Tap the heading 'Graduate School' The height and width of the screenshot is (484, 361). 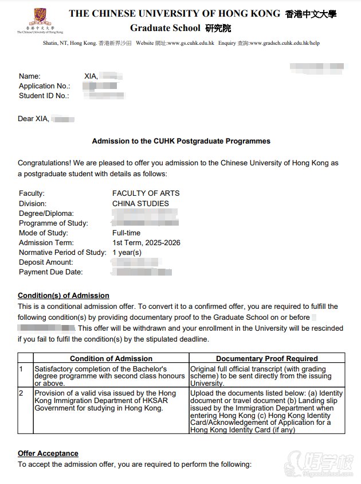(x=165, y=28)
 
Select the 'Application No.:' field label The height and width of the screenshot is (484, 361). (x=45, y=86)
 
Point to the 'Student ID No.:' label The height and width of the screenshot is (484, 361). (x=44, y=96)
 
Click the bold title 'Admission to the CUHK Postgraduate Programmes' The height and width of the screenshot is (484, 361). (x=181, y=141)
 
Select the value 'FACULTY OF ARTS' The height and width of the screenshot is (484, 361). (x=146, y=193)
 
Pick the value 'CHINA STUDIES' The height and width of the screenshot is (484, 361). (x=140, y=203)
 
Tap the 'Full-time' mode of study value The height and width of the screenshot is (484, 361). (x=126, y=233)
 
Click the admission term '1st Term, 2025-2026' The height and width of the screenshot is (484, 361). (x=146, y=243)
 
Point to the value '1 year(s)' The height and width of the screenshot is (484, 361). (x=127, y=253)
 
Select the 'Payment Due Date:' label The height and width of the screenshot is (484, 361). (x=50, y=272)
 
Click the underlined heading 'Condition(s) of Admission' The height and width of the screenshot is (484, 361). (x=63, y=296)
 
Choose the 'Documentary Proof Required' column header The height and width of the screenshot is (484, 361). (x=266, y=358)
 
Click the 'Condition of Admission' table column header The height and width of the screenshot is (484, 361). (x=111, y=358)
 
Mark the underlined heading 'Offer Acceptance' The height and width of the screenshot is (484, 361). (x=48, y=454)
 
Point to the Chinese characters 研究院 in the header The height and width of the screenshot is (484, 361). (x=218, y=28)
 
